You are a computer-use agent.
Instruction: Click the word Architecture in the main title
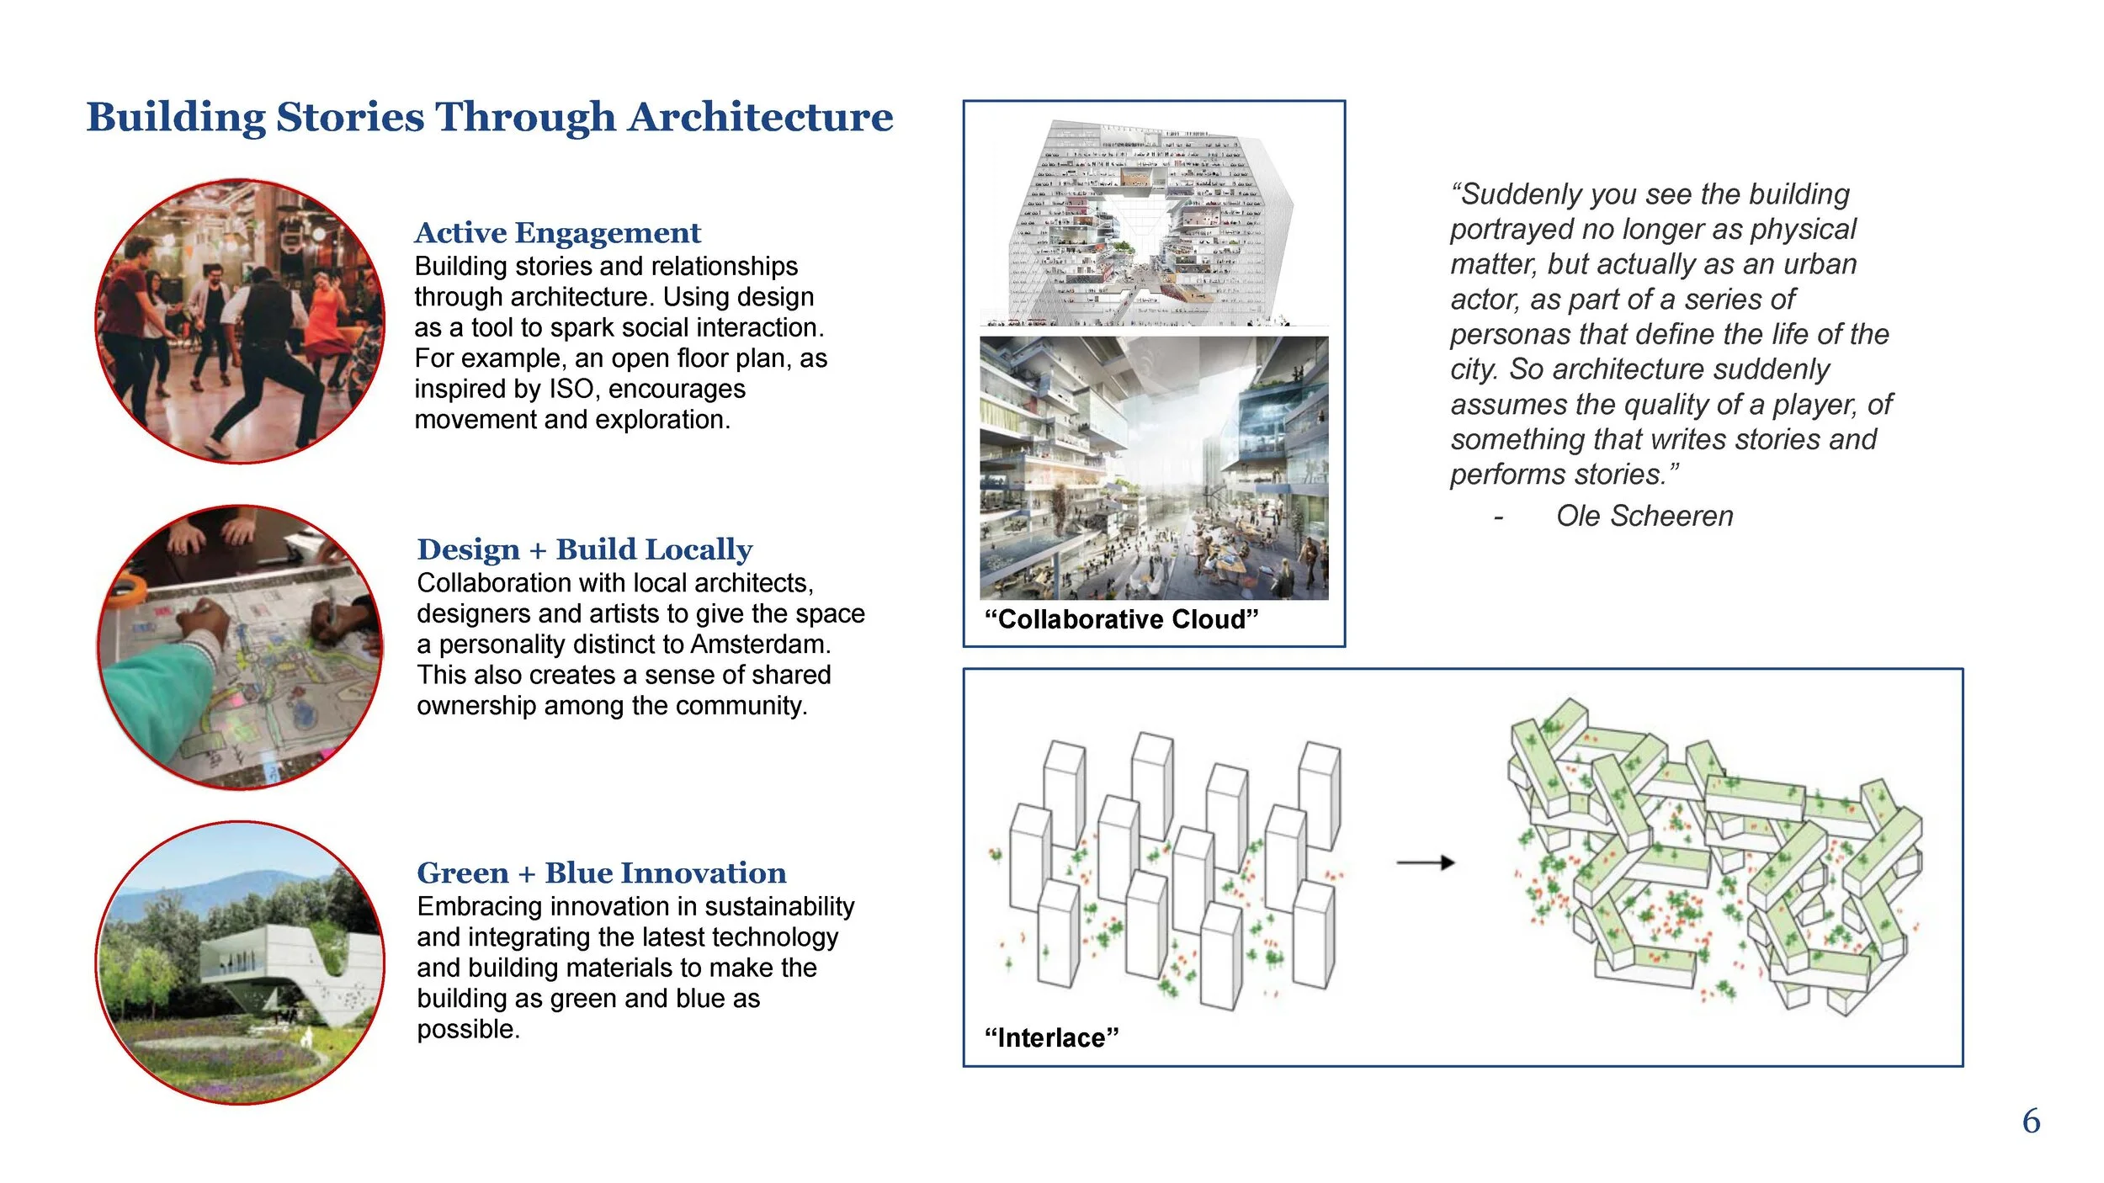point(760,117)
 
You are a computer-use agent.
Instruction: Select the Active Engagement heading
point(557,233)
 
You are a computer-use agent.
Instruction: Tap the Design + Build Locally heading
point(584,549)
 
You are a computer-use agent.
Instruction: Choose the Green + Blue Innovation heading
point(601,873)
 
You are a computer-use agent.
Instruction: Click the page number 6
point(2031,1122)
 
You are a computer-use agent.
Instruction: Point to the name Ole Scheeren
point(1644,516)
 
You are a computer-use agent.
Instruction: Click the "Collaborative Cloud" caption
point(1121,619)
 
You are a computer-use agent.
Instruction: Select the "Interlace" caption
point(1051,1038)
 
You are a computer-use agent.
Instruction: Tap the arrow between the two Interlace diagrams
point(1425,862)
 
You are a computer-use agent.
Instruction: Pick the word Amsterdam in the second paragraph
point(760,645)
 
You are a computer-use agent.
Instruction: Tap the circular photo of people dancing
point(240,321)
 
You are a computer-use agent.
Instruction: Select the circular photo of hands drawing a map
point(240,648)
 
